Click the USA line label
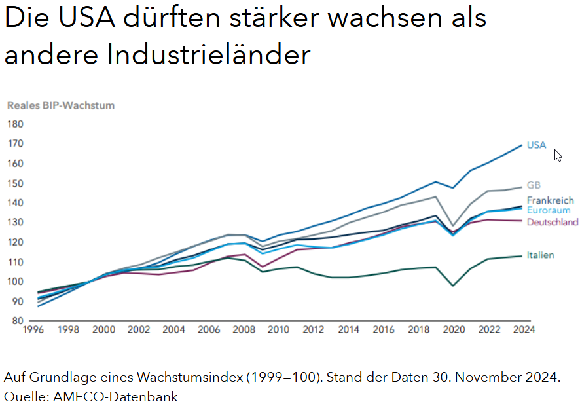click(536, 145)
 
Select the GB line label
click(534, 185)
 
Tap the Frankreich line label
click(550, 200)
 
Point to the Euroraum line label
click(548, 210)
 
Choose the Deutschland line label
click(553, 222)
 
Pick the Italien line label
click(541, 255)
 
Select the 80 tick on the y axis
click(17, 321)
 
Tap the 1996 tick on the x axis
click(33, 330)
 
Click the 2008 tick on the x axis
click(244, 330)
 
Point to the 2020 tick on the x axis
click(452, 330)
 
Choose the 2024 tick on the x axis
click(522, 330)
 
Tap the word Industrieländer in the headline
click(208, 55)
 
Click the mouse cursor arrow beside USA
click(558, 155)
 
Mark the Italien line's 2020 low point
click(452, 286)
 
